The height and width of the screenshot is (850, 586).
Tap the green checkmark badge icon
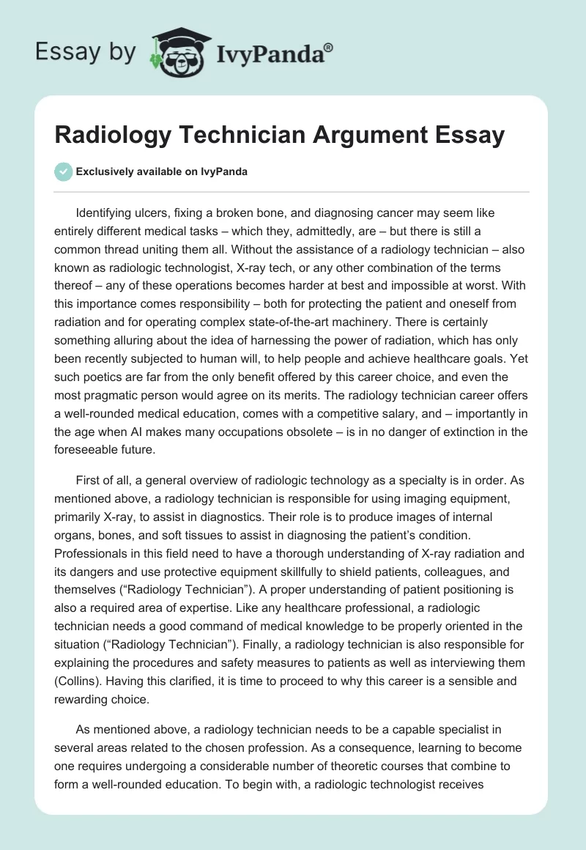pos(64,171)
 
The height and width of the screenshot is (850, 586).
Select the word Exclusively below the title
pos(107,172)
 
